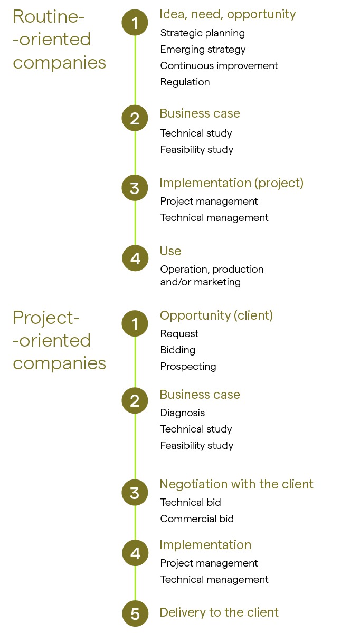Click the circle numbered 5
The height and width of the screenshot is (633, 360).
coord(135,613)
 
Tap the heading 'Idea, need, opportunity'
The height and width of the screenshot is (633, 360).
coord(228,14)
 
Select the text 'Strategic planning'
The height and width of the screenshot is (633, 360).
coord(203,33)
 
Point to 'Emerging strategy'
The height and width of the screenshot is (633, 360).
coord(203,50)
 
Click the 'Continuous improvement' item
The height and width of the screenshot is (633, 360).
coord(219,66)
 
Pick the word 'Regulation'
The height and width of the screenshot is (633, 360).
coord(185,82)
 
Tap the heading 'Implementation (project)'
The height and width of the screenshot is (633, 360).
coord(231,183)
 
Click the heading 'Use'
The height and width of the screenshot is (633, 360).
coord(170,251)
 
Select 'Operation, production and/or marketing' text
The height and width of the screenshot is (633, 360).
coord(212,275)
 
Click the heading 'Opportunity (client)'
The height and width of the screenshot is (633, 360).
coord(216,315)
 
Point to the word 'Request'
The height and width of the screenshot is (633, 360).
coord(179,334)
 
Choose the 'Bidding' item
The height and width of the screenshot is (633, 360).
coord(178,350)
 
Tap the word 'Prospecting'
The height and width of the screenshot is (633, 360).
coord(188,367)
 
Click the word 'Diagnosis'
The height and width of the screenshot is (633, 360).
coord(183,413)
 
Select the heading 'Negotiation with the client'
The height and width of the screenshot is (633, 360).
coord(236,484)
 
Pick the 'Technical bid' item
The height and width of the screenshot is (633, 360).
coord(191,503)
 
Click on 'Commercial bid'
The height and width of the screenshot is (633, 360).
coord(197,519)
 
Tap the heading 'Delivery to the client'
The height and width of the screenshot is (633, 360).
coord(219,612)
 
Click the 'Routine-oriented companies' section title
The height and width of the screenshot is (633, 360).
coord(59,40)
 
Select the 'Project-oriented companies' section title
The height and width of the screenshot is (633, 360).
coord(59,341)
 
